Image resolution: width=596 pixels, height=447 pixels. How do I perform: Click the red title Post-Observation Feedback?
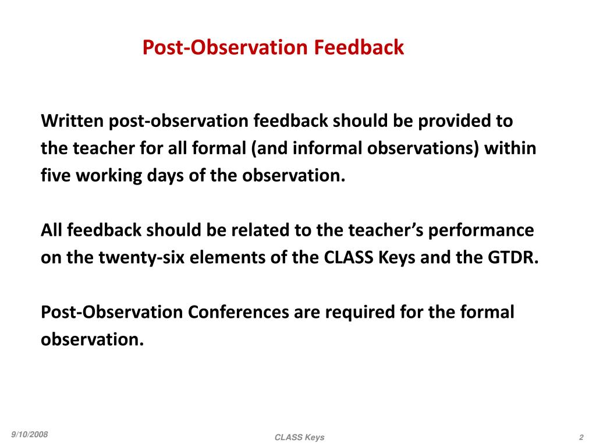pyautogui.click(x=273, y=47)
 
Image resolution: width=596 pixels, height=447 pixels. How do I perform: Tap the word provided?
pyautogui.click(x=453, y=121)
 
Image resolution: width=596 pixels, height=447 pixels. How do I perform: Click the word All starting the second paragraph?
pyautogui.click(x=52, y=230)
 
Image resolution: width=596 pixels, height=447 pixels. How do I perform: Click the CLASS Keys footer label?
pyautogui.click(x=300, y=437)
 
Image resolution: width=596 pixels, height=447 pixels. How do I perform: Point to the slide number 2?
pyautogui.click(x=581, y=437)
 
